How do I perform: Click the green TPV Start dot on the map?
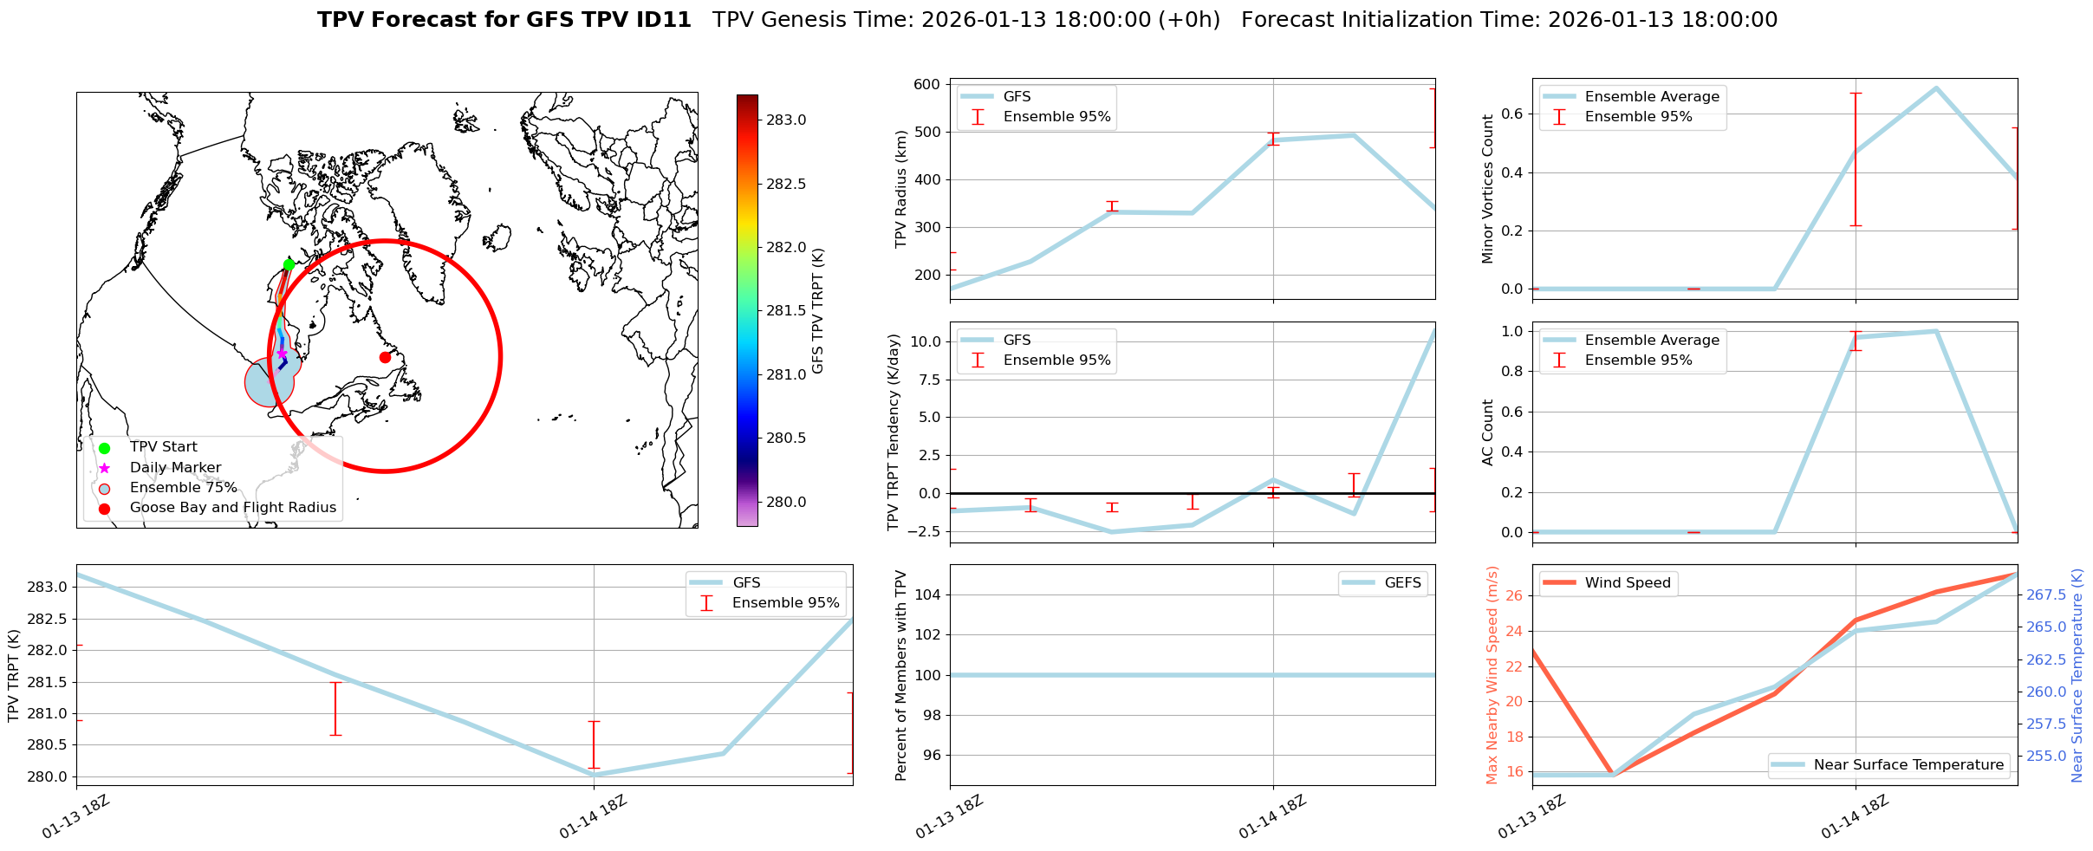[x=289, y=264]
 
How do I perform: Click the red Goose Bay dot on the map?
[x=385, y=357]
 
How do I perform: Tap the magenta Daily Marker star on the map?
[x=282, y=353]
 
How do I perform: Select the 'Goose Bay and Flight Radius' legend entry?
[x=232, y=508]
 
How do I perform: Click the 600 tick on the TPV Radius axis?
[x=926, y=85]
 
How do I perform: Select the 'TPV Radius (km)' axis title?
[x=900, y=189]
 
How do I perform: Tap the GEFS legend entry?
[x=1402, y=583]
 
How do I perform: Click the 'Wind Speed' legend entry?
[x=1627, y=583]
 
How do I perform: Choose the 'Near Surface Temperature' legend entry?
[x=1908, y=765]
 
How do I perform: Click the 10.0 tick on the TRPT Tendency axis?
[x=925, y=341]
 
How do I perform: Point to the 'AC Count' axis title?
[x=1488, y=432]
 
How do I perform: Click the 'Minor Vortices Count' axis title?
[x=1488, y=189]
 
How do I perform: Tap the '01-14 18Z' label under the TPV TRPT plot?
[x=593, y=817]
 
